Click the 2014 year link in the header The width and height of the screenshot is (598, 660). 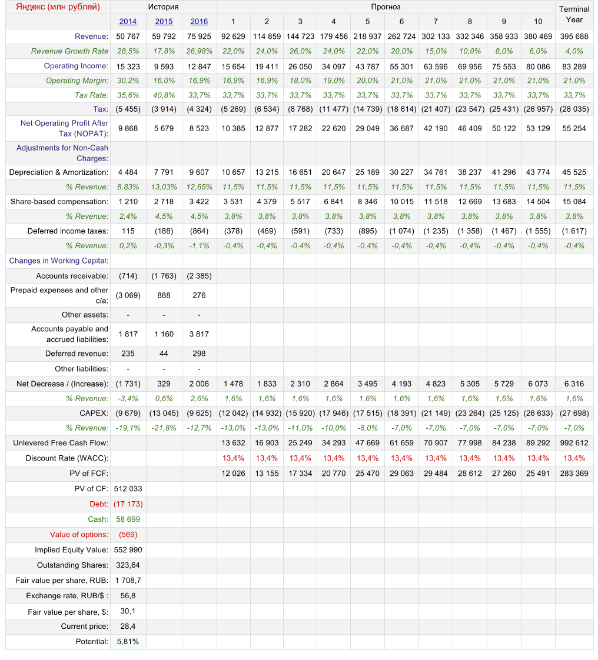pyautogui.click(x=128, y=22)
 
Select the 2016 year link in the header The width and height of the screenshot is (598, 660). pyautogui.click(x=199, y=22)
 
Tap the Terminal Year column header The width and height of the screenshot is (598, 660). pyautogui.click(x=574, y=15)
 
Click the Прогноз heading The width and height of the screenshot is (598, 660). pyautogui.click(x=386, y=7)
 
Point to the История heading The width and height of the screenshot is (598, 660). pyautogui.click(x=163, y=7)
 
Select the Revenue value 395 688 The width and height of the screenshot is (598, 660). pyautogui.click(x=574, y=36)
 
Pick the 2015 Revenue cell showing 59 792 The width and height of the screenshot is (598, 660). pyautogui.click(x=164, y=36)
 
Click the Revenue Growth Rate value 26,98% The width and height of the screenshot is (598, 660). pyautogui.click(x=199, y=51)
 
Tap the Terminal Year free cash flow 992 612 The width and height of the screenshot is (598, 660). pyautogui.click(x=574, y=443)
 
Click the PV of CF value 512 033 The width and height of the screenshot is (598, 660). pyautogui.click(x=128, y=488)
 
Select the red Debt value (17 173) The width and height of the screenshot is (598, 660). pyautogui.click(x=128, y=504)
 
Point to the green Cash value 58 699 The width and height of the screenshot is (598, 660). pyautogui.click(x=128, y=519)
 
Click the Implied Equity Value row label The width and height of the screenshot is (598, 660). pyautogui.click(x=71, y=550)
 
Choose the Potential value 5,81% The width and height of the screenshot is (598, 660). pyautogui.click(x=128, y=642)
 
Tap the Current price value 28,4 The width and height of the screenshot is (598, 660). pyautogui.click(x=128, y=626)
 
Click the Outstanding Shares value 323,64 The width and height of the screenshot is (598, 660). pyautogui.click(x=128, y=565)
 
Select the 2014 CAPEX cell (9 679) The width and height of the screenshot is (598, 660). pyautogui.click(x=128, y=413)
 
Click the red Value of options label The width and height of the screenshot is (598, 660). pyautogui.click(x=79, y=535)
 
